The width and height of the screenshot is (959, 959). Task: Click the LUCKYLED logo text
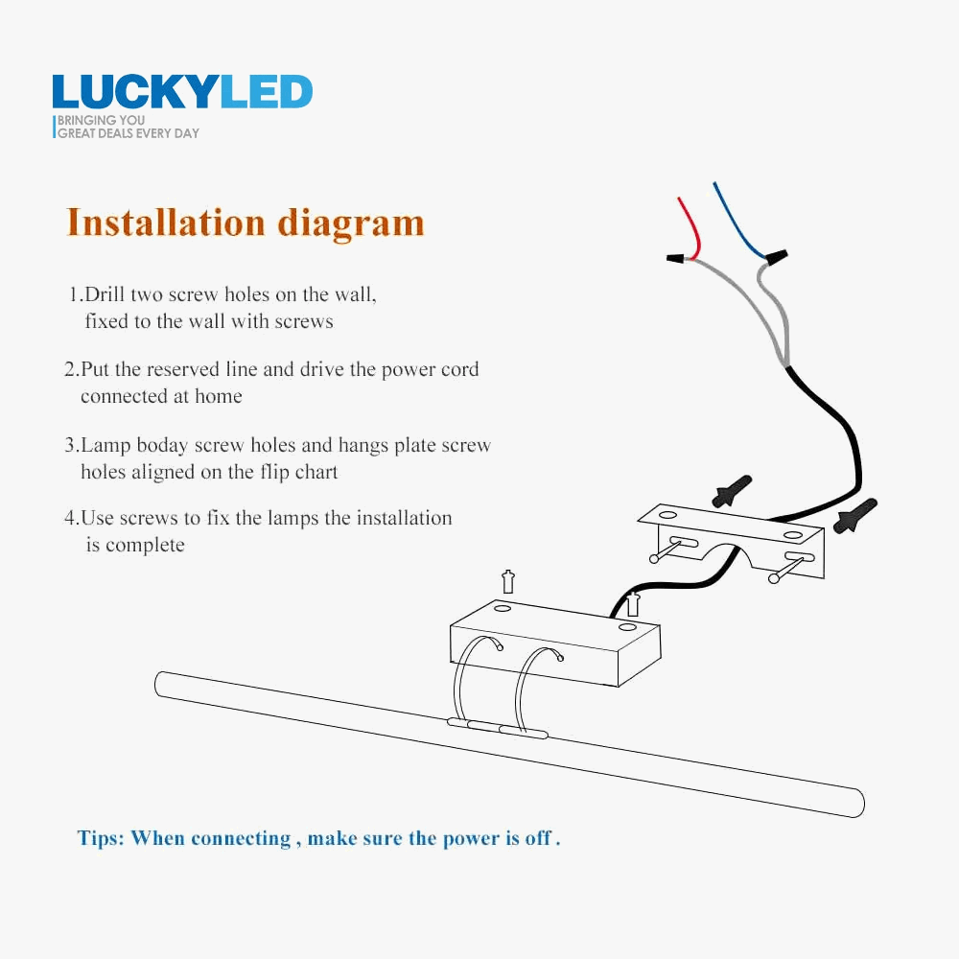(x=182, y=92)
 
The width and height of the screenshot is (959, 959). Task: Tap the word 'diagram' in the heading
(x=351, y=224)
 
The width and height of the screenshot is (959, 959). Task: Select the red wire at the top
(x=689, y=226)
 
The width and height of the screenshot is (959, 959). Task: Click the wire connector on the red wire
(x=678, y=258)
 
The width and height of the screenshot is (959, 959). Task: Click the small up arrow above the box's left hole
(x=508, y=581)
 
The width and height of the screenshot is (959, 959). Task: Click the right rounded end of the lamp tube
(x=856, y=804)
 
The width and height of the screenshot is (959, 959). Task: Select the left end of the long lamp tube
(x=162, y=684)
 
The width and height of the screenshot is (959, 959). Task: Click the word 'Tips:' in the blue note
(x=101, y=838)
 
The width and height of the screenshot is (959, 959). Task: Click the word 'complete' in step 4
(x=145, y=545)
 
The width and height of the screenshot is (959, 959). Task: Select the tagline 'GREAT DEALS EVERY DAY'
(x=129, y=133)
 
